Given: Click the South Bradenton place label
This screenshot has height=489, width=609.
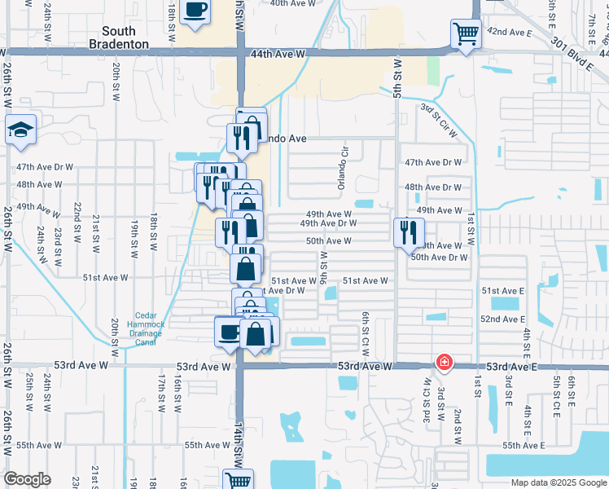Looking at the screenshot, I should click(x=119, y=37).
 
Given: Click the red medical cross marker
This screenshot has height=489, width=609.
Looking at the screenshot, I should click(x=444, y=361).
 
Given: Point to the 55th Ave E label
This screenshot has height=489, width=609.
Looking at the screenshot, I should click(x=523, y=446).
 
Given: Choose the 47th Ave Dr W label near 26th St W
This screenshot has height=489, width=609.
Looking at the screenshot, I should click(x=45, y=166).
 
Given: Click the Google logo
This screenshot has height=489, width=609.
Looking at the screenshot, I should click(x=27, y=479).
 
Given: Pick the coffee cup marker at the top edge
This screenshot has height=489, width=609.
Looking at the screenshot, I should click(x=195, y=11).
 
